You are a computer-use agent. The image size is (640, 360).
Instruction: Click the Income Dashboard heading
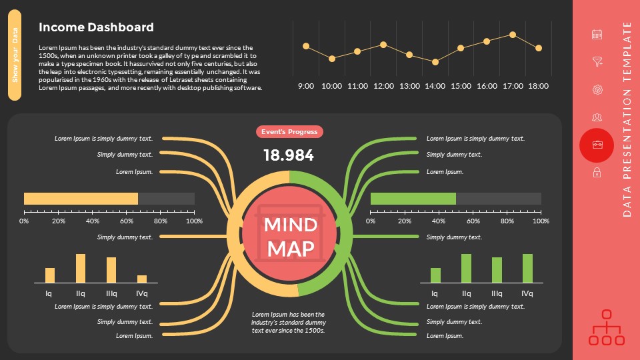point(96,27)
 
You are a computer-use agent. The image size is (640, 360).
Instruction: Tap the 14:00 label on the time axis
point(435,86)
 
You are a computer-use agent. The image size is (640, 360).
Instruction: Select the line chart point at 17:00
point(513,35)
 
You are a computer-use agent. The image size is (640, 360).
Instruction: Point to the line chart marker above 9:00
point(306,46)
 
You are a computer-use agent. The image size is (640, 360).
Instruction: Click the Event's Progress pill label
point(289,132)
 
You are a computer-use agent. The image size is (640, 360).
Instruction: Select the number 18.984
point(289,155)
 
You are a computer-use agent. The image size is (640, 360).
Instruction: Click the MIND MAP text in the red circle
point(290,237)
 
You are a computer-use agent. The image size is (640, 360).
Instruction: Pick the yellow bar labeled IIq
point(81,269)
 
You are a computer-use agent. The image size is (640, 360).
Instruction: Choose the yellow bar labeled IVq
point(142,279)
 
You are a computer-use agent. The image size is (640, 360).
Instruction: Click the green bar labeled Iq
point(435,275)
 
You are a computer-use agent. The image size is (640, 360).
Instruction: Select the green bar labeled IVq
point(527,269)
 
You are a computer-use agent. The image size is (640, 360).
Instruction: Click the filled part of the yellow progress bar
point(81,199)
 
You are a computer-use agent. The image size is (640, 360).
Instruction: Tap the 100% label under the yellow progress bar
point(194,221)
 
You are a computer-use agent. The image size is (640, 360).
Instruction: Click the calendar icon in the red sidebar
point(597,35)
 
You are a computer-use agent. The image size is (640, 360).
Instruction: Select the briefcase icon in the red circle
point(597,145)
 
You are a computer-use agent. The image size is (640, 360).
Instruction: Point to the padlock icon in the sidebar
point(597,173)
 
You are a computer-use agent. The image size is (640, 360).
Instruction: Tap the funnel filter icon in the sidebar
point(597,62)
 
